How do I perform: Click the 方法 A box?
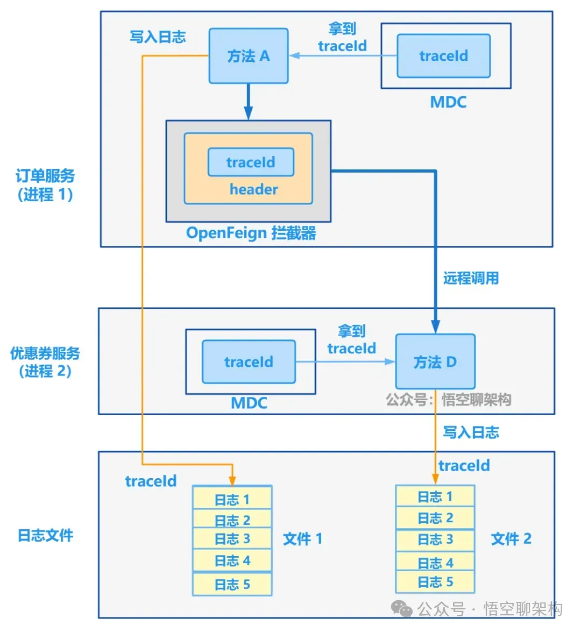pos(249,56)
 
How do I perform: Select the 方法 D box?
pos(435,361)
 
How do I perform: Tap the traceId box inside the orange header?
pos(251,162)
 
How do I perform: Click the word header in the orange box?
pos(253,189)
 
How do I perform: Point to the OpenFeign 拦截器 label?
pos(251,233)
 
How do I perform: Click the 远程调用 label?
pos(471,278)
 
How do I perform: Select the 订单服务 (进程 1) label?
pos(45,185)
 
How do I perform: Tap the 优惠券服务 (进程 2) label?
pos(45,362)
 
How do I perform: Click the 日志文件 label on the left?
pos(45,535)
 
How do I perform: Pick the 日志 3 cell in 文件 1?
pos(232,538)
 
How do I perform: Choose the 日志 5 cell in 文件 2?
pos(435,582)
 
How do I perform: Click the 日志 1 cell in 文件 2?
pos(435,496)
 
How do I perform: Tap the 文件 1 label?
pos(303,538)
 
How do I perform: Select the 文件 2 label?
pos(511,538)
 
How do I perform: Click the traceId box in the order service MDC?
pos(443,56)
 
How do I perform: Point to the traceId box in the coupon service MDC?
pos(249,361)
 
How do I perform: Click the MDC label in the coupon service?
pos(249,403)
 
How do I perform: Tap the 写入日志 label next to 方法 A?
pos(158,37)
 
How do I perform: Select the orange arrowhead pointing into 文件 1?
pos(232,480)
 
